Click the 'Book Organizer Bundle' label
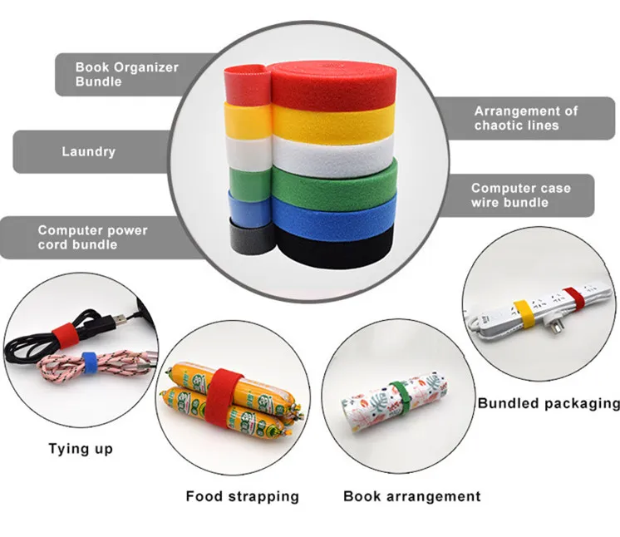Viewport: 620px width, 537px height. click(x=126, y=74)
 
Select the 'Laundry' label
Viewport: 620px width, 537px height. click(x=88, y=151)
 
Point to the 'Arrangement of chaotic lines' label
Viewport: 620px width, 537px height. click(x=525, y=118)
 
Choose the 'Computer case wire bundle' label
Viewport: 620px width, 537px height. click(x=520, y=195)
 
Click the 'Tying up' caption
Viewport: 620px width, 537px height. click(x=80, y=449)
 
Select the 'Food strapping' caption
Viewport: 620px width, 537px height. click(x=242, y=496)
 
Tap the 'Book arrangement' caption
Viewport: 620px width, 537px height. click(x=411, y=496)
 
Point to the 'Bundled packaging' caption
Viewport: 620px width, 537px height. click(x=549, y=404)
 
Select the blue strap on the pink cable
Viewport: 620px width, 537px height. click(x=90, y=360)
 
